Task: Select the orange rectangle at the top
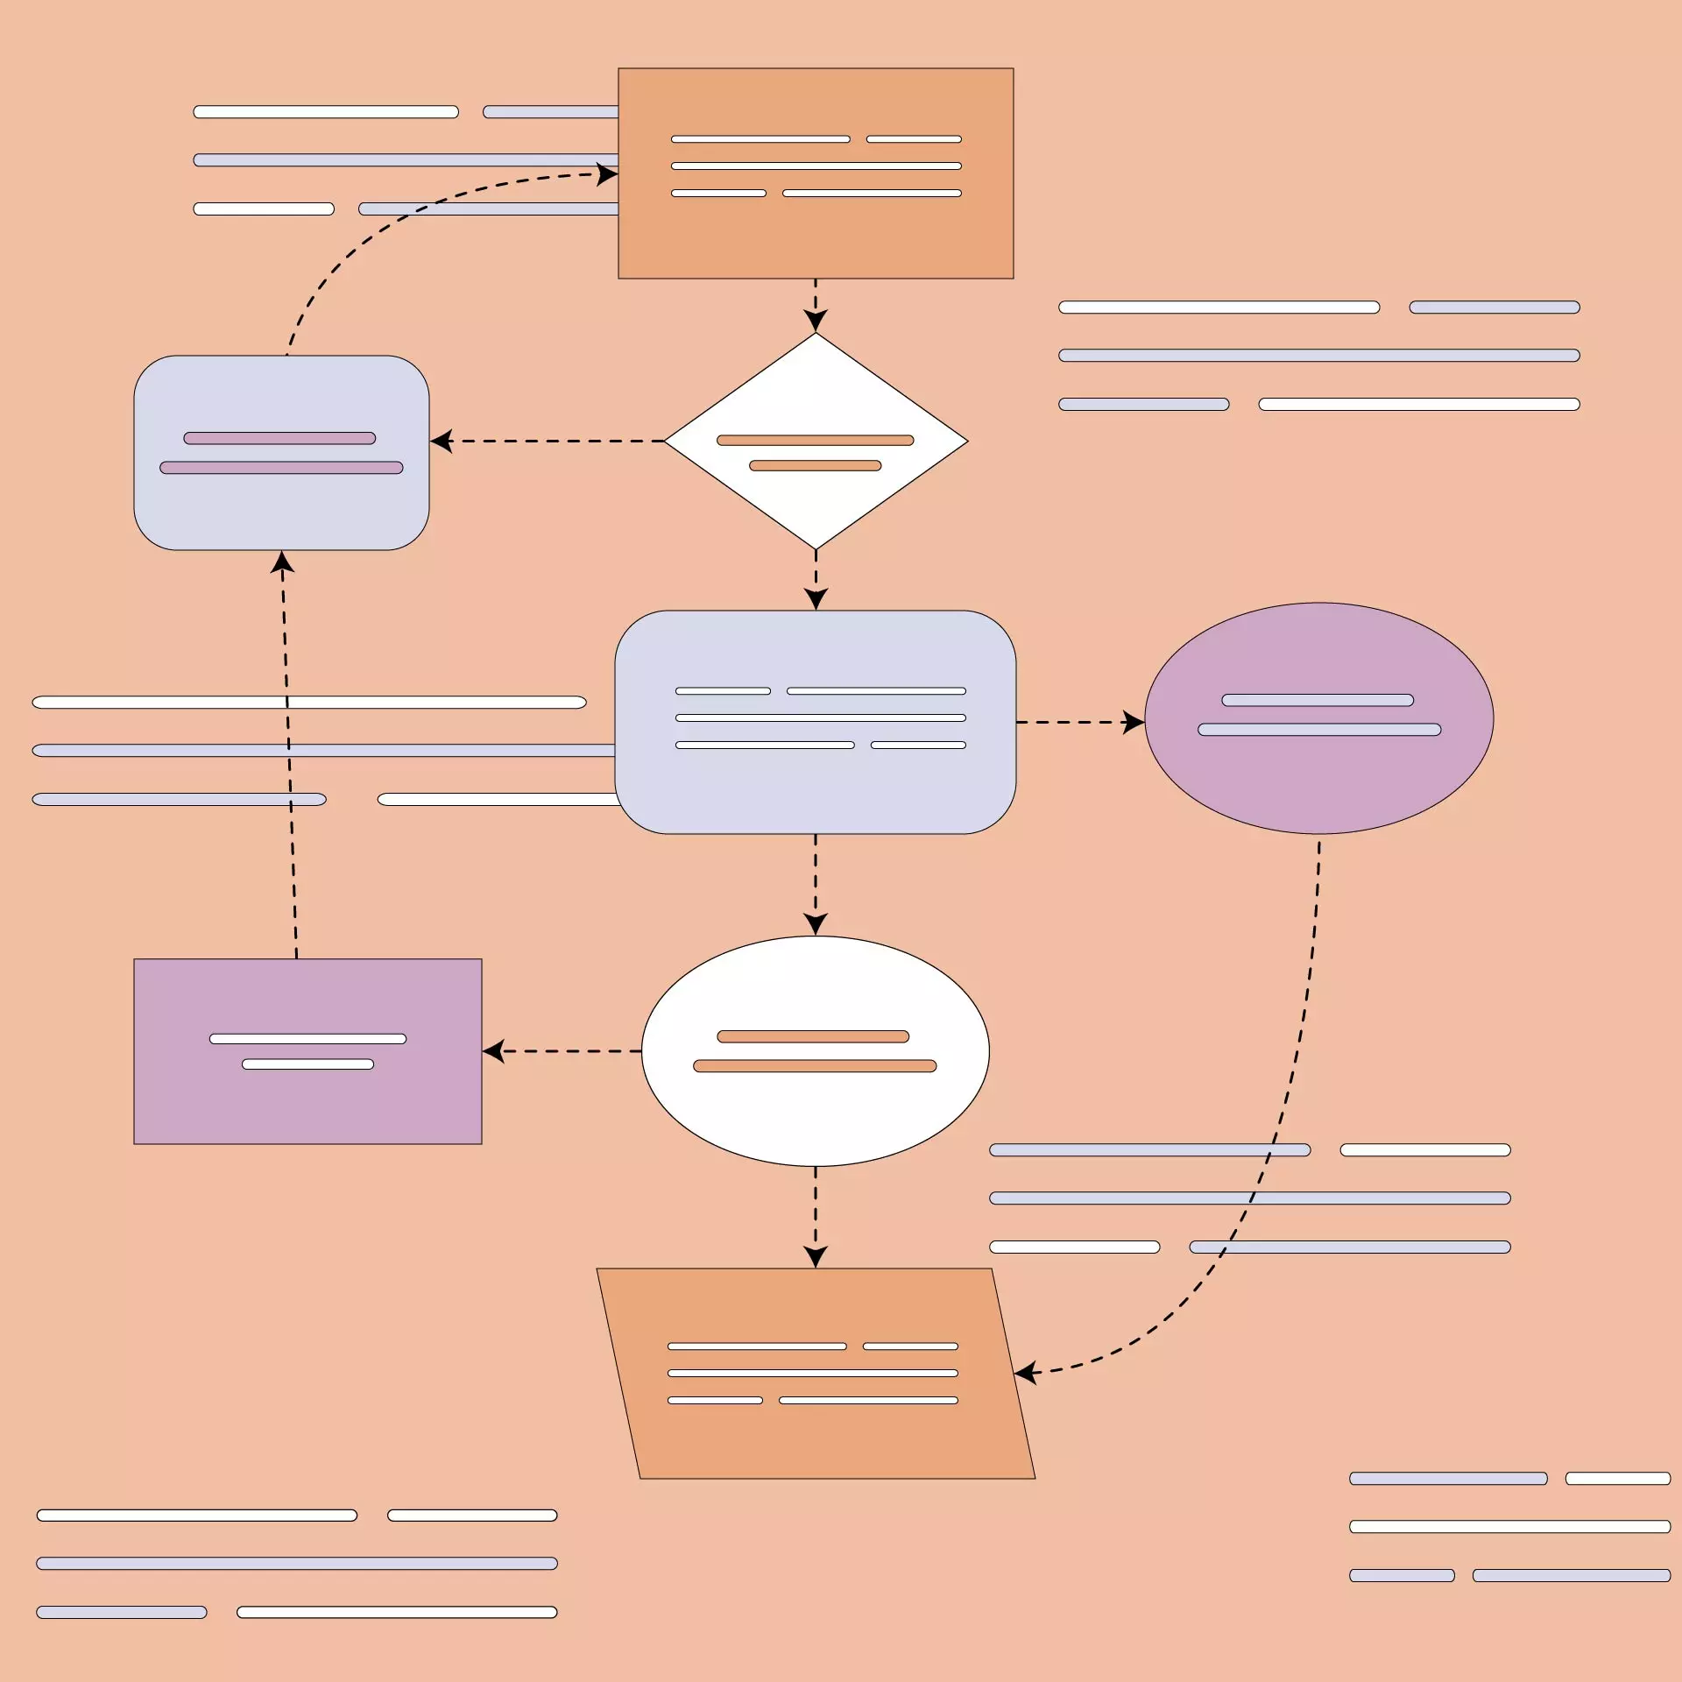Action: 815,237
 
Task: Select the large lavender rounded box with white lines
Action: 815,788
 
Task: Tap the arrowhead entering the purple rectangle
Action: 492,1050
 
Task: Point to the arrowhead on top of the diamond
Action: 816,322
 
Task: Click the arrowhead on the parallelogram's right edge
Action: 1025,1372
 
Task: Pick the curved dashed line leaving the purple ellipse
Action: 1297,1051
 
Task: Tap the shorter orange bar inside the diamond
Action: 815,465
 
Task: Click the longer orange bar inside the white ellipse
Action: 815,1065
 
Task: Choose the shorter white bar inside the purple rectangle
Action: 307,1064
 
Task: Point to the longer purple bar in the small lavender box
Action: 281,468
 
